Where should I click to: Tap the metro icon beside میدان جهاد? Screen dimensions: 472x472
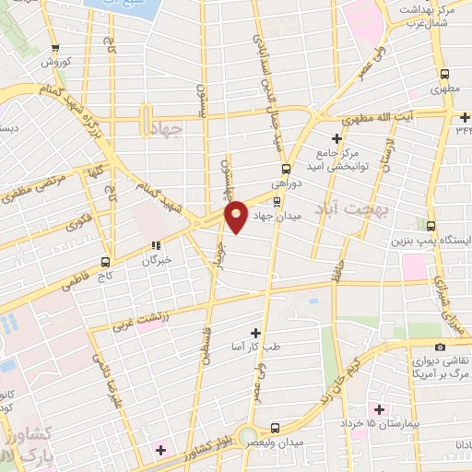[277, 201]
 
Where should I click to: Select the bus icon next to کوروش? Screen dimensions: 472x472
[56, 49]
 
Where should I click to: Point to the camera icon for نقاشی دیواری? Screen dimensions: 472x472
[440, 347]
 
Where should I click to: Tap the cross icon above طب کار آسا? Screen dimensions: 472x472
[255, 331]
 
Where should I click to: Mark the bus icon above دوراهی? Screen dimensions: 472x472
[286, 169]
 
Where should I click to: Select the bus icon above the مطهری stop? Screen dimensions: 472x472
[445, 75]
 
